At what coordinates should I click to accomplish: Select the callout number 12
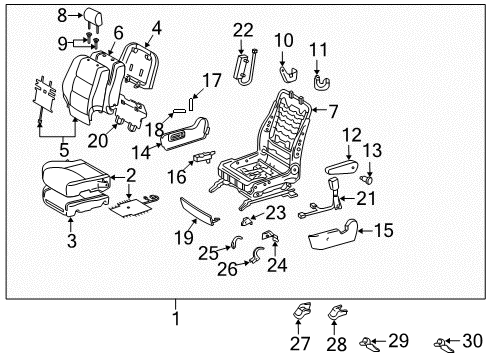pyautogui.click(x=352, y=135)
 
